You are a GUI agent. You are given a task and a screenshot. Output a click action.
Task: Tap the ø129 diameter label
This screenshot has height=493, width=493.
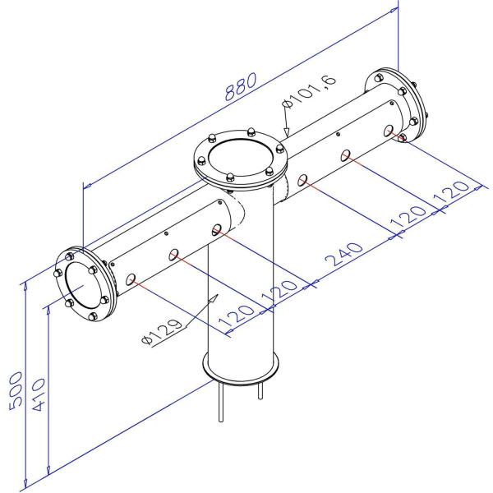161,330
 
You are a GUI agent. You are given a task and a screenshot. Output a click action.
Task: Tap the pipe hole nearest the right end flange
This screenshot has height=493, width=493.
389,130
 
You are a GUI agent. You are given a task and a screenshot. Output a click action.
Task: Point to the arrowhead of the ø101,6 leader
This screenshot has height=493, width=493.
285,132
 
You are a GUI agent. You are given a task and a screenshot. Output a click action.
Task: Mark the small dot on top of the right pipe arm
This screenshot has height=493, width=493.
339,134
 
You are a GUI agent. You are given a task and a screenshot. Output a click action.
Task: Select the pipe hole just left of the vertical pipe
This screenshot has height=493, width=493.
217,229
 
